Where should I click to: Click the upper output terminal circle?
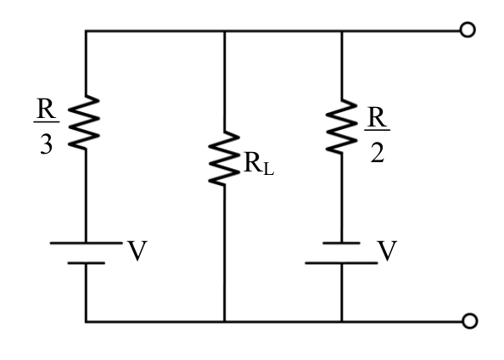468,30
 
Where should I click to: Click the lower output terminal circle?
469,321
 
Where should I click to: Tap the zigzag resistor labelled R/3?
84,122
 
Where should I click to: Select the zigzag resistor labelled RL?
224,158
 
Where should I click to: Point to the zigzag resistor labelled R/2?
341,127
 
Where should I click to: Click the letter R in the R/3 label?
47,109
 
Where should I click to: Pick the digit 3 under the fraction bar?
47,144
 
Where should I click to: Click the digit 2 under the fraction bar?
377,153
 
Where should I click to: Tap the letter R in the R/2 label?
377,116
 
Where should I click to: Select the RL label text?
259,163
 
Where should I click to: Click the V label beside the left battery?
137,250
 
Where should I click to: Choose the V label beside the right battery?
388,250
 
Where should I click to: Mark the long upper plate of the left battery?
87,243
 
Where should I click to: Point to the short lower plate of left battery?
87,263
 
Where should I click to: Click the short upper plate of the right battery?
341,243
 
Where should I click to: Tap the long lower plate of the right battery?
341,263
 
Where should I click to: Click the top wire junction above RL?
224,31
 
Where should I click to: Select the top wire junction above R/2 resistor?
341,31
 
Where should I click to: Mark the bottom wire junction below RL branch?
224,322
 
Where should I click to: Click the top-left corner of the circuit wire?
86,31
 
